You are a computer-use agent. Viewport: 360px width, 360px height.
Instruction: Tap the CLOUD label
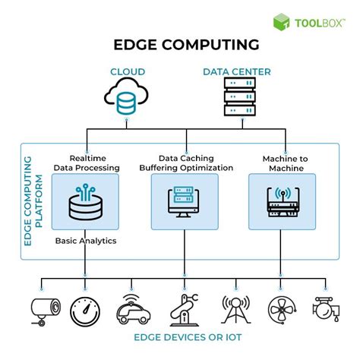128,72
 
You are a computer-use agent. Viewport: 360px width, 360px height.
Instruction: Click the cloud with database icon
127,96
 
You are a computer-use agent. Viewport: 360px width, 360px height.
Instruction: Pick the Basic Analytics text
84,241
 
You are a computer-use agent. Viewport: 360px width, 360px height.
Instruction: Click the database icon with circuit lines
84,201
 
